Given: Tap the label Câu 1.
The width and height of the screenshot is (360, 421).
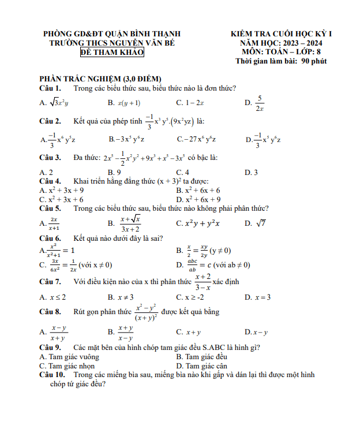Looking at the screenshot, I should [50, 88].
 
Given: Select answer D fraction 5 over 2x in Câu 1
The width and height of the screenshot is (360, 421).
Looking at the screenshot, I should [256, 102].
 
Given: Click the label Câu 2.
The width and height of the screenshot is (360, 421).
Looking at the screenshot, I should [50, 121].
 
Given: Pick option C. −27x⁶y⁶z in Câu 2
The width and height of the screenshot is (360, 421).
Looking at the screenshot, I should [196, 139].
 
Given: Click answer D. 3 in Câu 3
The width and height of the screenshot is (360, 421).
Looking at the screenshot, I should [251, 172].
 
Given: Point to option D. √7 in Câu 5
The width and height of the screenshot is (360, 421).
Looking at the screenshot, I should [255, 223].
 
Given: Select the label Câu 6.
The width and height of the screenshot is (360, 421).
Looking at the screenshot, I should [50, 238].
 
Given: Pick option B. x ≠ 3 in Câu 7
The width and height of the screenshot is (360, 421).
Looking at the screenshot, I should [121, 297].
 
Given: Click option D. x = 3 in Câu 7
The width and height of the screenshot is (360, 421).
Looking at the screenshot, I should [257, 297].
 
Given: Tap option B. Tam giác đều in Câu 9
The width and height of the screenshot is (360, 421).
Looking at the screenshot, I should [201, 357].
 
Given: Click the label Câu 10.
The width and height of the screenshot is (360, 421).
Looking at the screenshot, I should [52, 375].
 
